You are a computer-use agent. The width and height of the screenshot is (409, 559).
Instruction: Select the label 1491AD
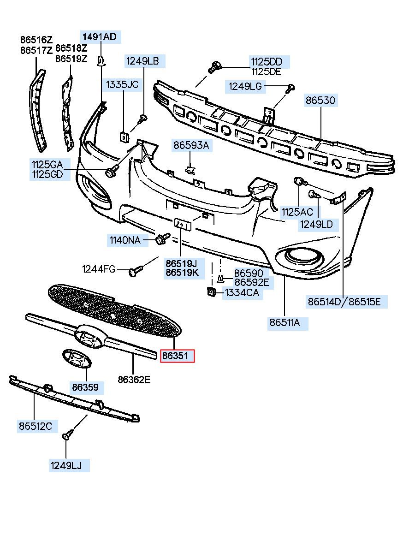100,37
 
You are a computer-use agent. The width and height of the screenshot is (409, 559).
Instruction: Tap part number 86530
320,101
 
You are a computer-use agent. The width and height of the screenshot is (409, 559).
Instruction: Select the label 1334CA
242,293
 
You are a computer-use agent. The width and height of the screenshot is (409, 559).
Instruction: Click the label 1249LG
245,87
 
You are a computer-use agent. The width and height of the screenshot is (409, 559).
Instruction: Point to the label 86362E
134,380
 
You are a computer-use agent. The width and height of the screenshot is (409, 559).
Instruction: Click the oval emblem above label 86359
77,359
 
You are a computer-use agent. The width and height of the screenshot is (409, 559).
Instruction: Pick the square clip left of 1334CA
211,291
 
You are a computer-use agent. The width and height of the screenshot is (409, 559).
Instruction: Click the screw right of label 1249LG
290,88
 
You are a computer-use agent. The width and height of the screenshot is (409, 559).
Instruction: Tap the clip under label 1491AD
101,61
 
